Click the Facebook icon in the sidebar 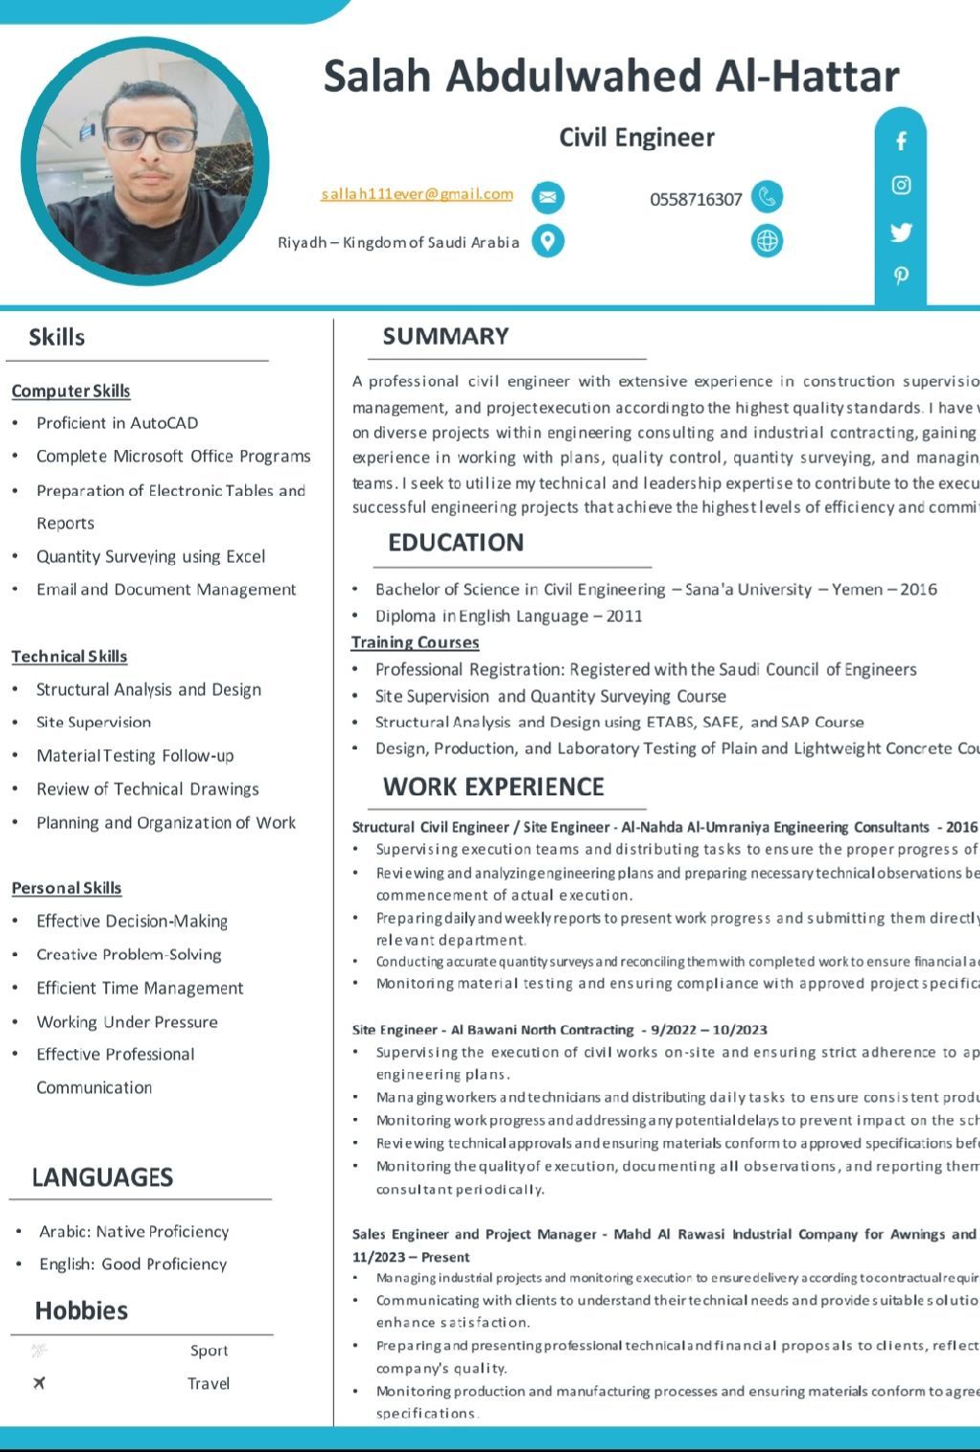point(901,142)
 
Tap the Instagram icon point(901,186)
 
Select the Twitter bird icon point(901,232)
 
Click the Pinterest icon point(901,276)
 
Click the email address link point(417,194)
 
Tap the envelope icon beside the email point(547,197)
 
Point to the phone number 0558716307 point(696,199)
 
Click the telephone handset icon point(767,196)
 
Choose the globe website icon point(767,240)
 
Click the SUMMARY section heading point(446,336)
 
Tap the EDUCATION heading point(456,543)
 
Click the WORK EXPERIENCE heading point(494,787)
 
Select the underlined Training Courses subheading point(415,642)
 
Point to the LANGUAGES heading point(102,1177)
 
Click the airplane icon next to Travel point(39,1383)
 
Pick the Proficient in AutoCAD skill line point(118,423)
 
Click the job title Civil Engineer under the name point(636,138)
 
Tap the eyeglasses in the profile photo point(150,140)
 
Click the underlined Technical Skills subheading point(69,657)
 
